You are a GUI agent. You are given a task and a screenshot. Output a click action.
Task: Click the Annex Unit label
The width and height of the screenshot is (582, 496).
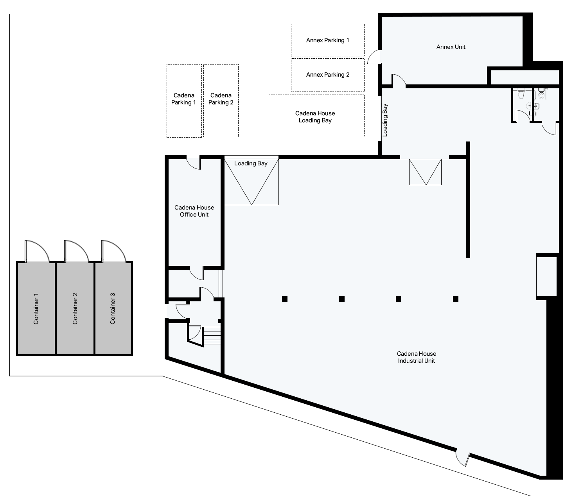coord(451,47)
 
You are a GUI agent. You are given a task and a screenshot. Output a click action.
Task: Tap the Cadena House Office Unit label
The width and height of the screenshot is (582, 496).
coord(194,211)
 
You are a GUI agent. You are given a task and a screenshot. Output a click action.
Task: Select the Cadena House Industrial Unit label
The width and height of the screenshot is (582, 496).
coord(416,357)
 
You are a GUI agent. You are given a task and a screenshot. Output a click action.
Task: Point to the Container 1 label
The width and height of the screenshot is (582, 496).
coord(36,308)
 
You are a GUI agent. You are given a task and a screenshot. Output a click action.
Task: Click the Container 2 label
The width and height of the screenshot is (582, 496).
coord(75,308)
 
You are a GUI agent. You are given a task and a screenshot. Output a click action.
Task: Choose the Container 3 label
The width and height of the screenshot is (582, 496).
coord(113,308)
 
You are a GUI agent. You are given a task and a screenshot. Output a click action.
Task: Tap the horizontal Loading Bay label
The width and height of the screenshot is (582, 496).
coord(251,163)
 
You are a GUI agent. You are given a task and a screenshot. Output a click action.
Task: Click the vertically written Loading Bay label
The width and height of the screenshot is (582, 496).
coord(385,120)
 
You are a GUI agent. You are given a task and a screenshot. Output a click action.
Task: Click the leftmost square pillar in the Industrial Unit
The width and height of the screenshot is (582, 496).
coord(285,299)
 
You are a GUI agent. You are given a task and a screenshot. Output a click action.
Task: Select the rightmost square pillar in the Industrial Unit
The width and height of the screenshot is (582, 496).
coord(456,299)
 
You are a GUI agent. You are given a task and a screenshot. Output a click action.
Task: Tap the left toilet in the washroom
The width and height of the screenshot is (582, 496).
coord(521,95)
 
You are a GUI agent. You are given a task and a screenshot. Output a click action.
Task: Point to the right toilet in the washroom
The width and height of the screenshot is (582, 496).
coord(541,94)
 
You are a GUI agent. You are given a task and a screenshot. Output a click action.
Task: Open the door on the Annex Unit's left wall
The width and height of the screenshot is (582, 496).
coord(374,57)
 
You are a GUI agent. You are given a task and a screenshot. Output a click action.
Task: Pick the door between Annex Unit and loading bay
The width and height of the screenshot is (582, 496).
coord(399,80)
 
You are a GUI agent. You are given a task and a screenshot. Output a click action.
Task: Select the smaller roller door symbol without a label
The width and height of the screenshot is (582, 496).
coord(425,172)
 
